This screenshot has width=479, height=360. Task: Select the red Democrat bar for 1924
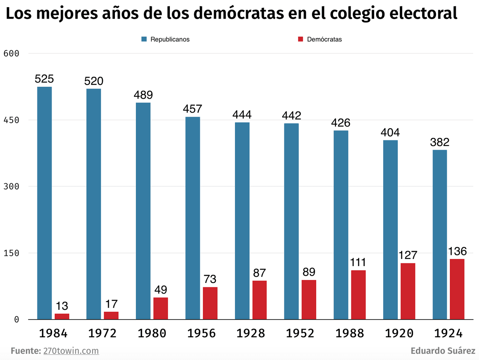(457, 289)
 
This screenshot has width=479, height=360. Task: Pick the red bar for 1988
(358, 295)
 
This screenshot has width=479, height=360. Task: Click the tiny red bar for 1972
(111, 315)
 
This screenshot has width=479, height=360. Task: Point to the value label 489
(143, 95)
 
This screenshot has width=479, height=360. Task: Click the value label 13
(62, 306)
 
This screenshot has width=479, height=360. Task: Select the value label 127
(408, 255)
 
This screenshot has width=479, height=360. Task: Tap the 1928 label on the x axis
(251, 333)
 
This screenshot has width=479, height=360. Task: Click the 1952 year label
(300, 333)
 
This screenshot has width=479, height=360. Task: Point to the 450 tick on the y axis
(11, 120)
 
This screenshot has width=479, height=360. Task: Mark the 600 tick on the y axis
(11, 54)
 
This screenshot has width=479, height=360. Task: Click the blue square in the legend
(144, 39)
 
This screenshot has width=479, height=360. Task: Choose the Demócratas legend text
(324, 39)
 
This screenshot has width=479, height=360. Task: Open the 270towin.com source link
(71, 351)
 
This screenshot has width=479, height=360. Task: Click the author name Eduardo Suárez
(443, 351)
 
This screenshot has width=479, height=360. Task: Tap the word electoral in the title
(423, 13)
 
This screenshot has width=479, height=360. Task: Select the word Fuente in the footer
(25, 351)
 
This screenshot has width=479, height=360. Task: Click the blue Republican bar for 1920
(390, 229)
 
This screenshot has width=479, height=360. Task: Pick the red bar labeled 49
(161, 308)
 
